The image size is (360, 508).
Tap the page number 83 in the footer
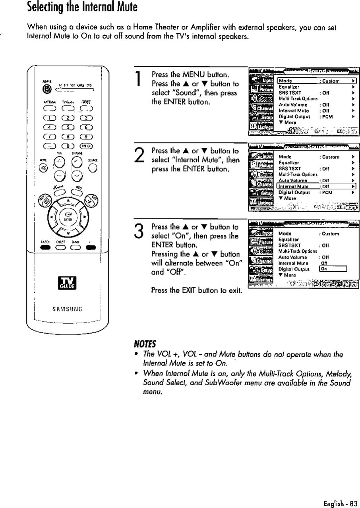tap(348, 500)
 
